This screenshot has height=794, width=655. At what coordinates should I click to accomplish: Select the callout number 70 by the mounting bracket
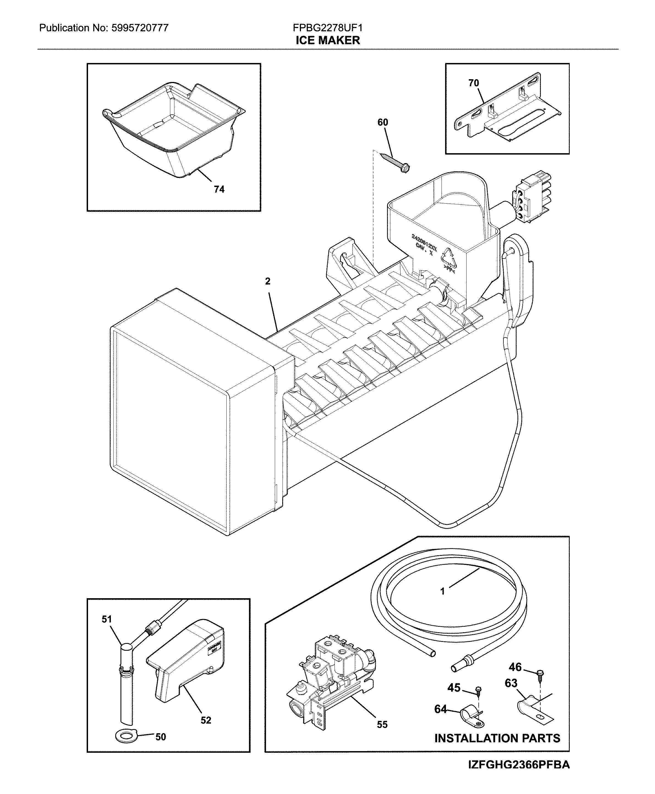click(x=473, y=83)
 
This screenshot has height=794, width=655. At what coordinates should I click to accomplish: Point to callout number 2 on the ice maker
click(x=267, y=281)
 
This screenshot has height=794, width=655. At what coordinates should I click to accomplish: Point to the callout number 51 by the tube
click(x=107, y=619)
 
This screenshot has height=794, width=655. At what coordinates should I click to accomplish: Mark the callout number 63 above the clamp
click(x=511, y=683)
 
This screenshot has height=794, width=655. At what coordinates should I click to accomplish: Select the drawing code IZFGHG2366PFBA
click(x=519, y=765)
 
